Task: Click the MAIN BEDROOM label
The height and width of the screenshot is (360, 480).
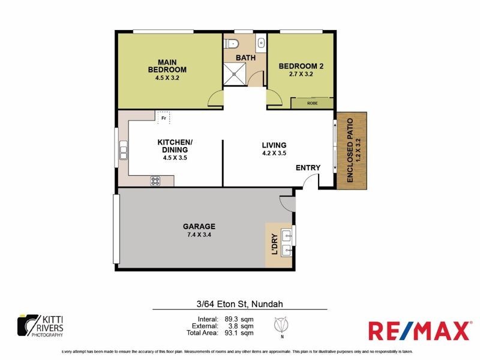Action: pyautogui.click(x=167, y=65)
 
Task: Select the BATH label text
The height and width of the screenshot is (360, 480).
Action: pyautogui.click(x=245, y=58)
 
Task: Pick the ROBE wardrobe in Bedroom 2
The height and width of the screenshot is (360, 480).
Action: pyautogui.click(x=312, y=103)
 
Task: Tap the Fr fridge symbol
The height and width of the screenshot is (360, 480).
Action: pyautogui.click(x=163, y=118)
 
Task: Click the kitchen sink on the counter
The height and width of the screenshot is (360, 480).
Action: pyautogui.click(x=124, y=150)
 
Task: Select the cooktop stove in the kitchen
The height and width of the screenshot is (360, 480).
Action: pyautogui.click(x=155, y=179)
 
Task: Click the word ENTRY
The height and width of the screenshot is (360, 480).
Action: pyautogui.click(x=308, y=167)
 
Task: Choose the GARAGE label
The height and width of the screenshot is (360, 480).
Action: pyautogui.click(x=199, y=226)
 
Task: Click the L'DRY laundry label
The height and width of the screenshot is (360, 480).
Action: pyautogui.click(x=274, y=245)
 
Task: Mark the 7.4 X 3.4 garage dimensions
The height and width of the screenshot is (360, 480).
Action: pyautogui.click(x=199, y=235)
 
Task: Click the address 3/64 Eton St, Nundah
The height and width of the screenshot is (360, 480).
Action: pyautogui.click(x=239, y=304)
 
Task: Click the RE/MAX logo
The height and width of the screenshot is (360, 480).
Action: pyautogui.click(x=418, y=331)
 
